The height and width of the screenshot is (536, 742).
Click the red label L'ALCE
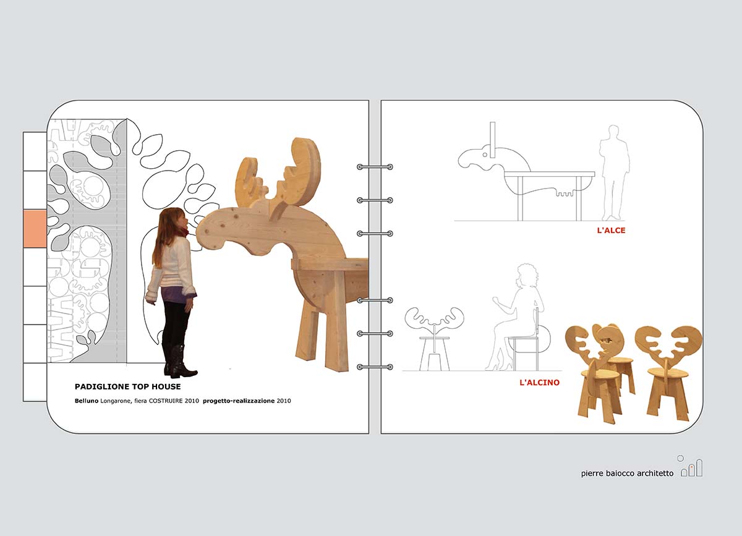611,230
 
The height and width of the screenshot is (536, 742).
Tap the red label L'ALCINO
540,382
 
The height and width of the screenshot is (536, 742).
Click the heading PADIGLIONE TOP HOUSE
127,386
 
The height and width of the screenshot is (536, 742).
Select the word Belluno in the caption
87,401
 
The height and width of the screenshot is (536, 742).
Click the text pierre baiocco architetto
627,474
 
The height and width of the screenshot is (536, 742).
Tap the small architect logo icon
691,466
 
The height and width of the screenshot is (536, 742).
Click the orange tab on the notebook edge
35,229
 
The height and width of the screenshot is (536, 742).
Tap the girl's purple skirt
174,294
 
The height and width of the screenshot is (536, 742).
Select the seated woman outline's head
527,275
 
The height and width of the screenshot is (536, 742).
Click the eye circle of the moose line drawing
485,155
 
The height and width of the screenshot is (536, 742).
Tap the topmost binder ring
375,167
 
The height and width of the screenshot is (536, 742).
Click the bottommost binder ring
375,367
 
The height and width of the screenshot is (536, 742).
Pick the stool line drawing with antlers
434,339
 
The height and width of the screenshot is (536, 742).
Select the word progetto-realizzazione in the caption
239,401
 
